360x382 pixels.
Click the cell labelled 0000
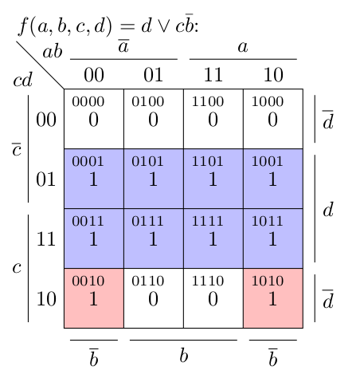[94, 119]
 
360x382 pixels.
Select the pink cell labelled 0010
[94, 298]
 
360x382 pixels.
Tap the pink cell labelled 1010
[273, 298]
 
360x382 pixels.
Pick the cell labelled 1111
[213, 238]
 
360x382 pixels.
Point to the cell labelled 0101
[154, 179]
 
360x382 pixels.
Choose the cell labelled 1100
[213, 119]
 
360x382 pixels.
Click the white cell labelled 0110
[154, 298]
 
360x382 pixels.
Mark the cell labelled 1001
[273, 179]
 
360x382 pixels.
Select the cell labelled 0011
[94, 238]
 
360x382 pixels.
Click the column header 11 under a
[213, 75]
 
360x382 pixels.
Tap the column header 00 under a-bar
[94, 75]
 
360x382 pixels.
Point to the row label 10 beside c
[46, 299]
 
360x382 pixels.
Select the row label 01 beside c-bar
[45, 179]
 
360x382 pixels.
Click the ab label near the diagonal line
[53, 51]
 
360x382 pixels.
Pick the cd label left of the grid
[22, 79]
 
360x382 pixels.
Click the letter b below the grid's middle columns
[184, 356]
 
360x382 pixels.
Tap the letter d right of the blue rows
[328, 210]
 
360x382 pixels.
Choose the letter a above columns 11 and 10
[243, 47]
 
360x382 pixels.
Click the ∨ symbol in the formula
[163, 26]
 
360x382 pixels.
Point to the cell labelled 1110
[213, 298]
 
